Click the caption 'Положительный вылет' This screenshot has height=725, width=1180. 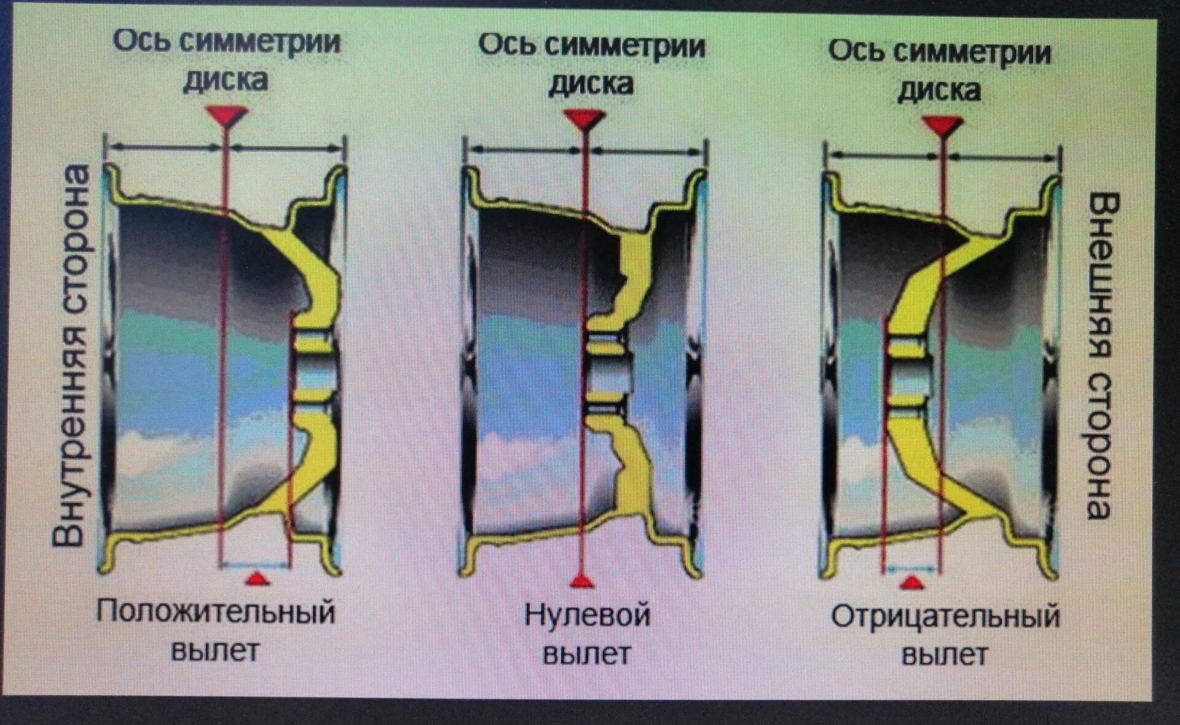216,630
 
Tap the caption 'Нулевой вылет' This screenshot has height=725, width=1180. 587,633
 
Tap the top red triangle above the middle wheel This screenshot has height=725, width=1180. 584,119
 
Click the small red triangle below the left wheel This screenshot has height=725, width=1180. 255,578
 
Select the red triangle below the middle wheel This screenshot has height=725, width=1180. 581,581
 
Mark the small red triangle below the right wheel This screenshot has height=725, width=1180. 912,581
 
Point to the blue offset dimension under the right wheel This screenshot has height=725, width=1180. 912,569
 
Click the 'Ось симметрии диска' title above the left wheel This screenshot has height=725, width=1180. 227,60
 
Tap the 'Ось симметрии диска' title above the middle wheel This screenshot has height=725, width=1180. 591,64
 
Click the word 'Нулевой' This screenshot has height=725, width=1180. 587,615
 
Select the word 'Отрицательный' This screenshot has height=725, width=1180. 945,617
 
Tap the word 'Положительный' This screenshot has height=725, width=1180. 216,612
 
